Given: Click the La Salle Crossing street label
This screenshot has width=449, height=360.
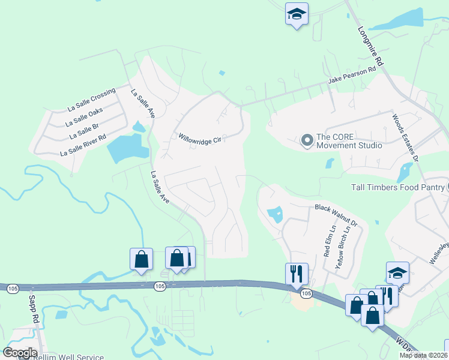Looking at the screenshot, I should click(x=91, y=100).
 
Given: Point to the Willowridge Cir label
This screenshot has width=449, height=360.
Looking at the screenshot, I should click(x=200, y=137).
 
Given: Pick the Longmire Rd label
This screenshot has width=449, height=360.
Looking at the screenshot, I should click(x=370, y=46).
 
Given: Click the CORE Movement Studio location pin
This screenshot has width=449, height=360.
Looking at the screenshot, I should click(x=307, y=141).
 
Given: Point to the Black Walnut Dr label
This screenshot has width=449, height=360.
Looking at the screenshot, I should click(x=336, y=215).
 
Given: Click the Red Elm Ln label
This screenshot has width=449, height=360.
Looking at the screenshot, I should click(x=328, y=241).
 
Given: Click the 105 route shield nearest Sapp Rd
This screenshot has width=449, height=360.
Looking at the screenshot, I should click(x=13, y=289).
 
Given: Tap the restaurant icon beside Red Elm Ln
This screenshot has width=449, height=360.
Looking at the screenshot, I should click(x=297, y=274).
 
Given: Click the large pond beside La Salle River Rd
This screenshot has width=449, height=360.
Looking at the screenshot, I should click(x=125, y=148).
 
